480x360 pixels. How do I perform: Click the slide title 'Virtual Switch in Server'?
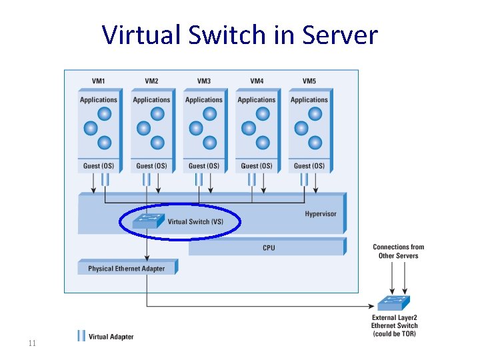(x=240, y=35)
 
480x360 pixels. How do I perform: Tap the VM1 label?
(x=98, y=81)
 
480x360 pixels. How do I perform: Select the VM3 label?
(x=203, y=81)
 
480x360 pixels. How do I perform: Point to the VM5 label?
(x=309, y=81)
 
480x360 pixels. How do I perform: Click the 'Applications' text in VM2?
(x=151, y=100)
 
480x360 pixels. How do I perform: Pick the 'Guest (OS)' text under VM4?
(x=256, y=166)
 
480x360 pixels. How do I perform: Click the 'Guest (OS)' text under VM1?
(x=98, y=166)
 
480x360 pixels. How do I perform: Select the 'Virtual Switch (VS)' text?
(x=195, y=222)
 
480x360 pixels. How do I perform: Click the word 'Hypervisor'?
(x=321, y=214)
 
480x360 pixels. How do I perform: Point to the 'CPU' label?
(x=269, y=248)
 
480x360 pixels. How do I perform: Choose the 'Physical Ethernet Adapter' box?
(x=126, y=269)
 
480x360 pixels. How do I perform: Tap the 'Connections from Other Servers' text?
(x=398, y=251)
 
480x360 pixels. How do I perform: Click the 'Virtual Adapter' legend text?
(x=111, y=337)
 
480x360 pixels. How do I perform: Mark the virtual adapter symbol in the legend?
(x=81, y=336)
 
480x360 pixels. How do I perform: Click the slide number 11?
(x=31, y=343)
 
